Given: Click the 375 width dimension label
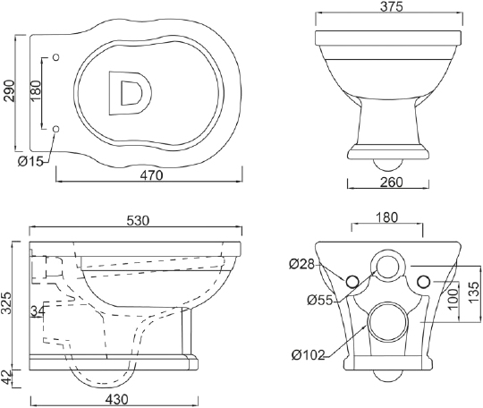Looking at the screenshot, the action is coord(391,6).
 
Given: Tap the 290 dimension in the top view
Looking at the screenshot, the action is coord(9,90).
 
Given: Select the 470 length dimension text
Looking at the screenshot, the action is coord(151,175).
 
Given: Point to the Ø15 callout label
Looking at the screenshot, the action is coord(30,161).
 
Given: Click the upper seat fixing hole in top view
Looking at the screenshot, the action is coord(56,57).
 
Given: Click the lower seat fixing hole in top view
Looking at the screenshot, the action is coord(56,129).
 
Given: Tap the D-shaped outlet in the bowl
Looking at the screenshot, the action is coord(130,93).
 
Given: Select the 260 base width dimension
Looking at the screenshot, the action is coord(391,183).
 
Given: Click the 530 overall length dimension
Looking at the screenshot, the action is coord(138,220).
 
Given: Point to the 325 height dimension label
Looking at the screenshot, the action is coord(7,303).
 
